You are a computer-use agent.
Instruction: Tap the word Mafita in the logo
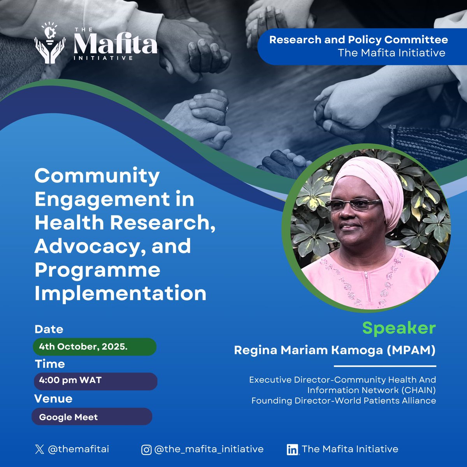(115, 44)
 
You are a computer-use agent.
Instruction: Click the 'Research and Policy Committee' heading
(358, 40)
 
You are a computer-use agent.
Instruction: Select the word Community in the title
(97, 176)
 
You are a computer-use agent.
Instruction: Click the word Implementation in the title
(120, 293)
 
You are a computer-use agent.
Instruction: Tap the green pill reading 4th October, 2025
(94, 346)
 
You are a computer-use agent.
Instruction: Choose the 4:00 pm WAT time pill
(95, 381)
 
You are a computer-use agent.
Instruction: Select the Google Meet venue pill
(92, 417)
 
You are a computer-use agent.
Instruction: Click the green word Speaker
(399, 328)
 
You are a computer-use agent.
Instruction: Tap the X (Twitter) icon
(39, 449)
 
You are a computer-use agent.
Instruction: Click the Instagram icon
(146, 450)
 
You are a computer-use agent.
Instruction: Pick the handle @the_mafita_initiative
(209, 449)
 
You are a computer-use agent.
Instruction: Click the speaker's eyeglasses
(353, 204)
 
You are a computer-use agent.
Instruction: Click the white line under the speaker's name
(385, 366)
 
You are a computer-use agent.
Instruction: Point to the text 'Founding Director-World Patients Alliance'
(344, 400)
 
